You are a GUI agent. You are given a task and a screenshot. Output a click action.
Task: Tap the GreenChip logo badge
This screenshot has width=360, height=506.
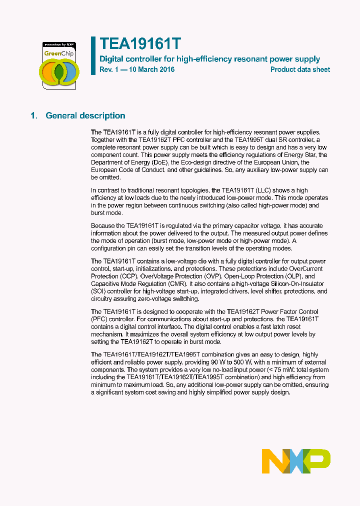pyautogui.click(x=59, y=65)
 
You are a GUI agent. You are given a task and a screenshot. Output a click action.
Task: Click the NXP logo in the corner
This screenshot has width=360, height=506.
pyautogui.click(x=296, y=461)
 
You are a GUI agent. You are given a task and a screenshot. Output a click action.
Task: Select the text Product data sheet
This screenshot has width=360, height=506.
pyautogui.click(x=300, y=69)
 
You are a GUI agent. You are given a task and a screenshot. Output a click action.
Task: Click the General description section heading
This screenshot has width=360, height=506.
pyautogui.click(x=85, y=115)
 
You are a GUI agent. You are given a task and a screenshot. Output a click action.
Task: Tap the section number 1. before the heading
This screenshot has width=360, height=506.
pyautogui.click(x=33, y=115)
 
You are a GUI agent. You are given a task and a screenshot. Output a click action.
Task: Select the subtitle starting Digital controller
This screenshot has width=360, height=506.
pyautogui.click(x=209, y=59)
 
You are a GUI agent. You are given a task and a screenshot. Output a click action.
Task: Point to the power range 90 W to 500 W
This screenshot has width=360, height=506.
pyautogui.click(x=238, y=362)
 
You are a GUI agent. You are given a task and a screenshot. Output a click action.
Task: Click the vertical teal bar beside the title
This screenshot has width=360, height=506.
pyautogui.click(x=93, y=55)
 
